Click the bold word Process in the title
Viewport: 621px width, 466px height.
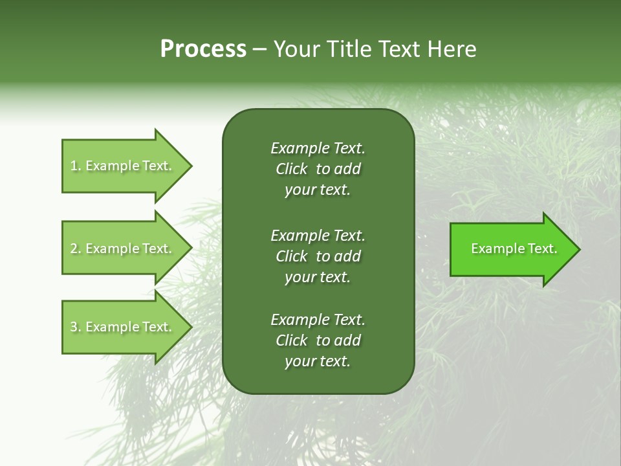[x=203, y=49]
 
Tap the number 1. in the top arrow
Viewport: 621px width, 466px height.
[x=76, y=166]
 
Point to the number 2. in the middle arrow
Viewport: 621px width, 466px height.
[x=76, y=249]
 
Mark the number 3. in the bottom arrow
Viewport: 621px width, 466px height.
[x=76, y=327]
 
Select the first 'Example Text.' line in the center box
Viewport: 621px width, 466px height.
[x=318, y=148]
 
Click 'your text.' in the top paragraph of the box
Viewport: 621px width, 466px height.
[x=318, y=190]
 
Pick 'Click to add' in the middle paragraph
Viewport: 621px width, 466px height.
[x=318, y=256]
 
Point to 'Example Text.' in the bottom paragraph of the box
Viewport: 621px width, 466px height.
[x=318, y=320]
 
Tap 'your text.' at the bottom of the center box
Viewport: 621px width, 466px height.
[x=318, y=362]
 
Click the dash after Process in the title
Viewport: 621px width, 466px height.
[x=259, y=49]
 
